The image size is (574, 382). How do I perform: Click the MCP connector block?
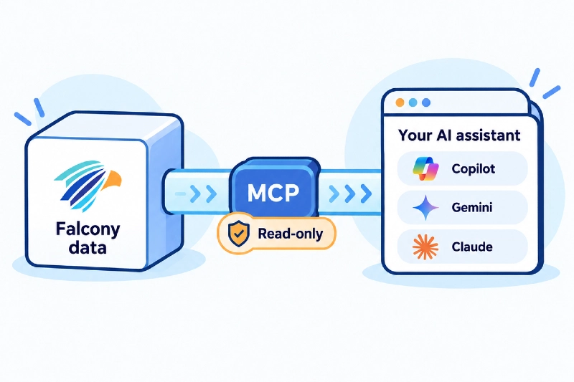point(274,189)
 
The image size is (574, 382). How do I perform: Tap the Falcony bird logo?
point(88,185)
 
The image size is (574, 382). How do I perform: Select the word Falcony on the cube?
point(88,229)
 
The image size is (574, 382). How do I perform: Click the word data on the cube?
point(88,247)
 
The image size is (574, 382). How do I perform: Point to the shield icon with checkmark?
point(239,234)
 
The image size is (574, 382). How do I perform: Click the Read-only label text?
point(291,234)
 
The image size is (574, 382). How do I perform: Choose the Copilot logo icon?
point(425,169)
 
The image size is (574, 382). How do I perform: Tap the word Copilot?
point(473,169)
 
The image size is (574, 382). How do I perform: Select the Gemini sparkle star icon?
point(425,208)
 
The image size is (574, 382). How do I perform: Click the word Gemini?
point(472,208)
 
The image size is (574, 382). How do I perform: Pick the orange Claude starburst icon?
point(425,247)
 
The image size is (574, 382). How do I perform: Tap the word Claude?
point(472,247)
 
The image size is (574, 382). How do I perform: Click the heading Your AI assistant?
point(459,135)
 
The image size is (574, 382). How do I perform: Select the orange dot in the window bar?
point(400,102)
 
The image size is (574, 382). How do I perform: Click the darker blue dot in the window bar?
point(426,102)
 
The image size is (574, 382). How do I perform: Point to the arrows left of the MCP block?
point(196,194)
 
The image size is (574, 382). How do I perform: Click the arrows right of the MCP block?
point(350,194)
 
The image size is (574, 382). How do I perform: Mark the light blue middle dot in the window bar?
point(413,102)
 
